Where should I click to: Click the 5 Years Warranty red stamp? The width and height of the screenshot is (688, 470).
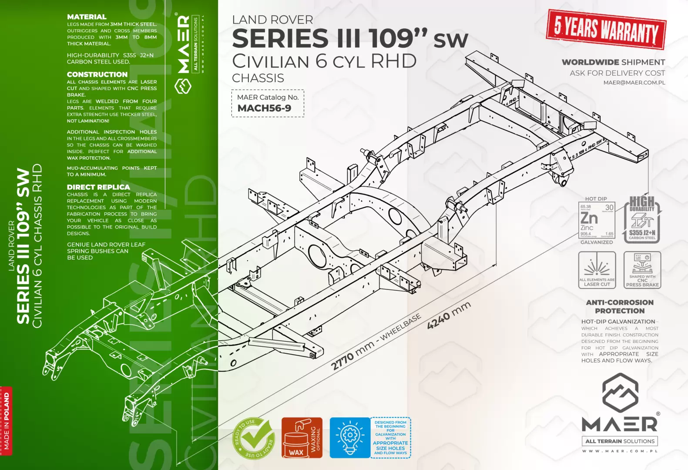(606, 30)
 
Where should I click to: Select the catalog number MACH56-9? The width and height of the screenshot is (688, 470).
(264, 108)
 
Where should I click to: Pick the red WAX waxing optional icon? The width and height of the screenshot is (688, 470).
(302, 438)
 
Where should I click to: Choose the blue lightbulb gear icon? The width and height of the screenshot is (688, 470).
(349, 438)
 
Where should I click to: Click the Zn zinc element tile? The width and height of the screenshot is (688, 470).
(597, 221)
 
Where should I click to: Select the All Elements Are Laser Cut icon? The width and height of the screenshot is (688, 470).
(597, 270)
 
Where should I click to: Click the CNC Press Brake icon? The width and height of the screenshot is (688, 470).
(642, 270)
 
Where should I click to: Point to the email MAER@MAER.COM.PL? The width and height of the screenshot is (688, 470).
(634, 83)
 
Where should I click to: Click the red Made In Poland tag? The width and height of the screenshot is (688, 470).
(7, 421)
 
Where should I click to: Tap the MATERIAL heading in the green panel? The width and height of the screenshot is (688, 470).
(87, 17)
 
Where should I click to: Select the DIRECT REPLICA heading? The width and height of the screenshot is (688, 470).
(98, 187)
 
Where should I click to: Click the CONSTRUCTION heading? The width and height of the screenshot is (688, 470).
(97, 74)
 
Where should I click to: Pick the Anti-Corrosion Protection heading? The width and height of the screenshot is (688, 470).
(620, 306)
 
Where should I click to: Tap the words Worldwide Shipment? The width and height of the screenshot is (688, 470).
(613, 62)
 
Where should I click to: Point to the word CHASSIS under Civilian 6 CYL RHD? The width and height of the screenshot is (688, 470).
(258, 78)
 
